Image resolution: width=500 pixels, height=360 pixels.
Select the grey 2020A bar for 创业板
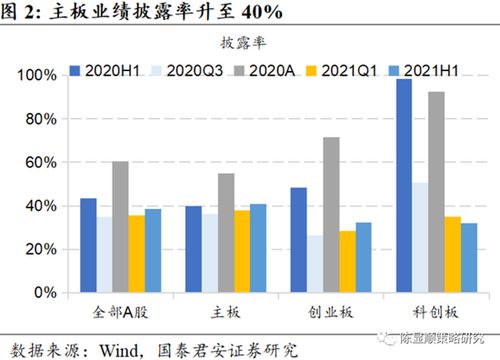pos(332,215)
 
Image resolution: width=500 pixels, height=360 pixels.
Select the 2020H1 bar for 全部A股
pos(89,246)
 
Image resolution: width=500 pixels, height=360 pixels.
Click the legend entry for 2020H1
pos(100,70)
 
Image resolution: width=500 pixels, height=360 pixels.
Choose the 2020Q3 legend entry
pos(185,70)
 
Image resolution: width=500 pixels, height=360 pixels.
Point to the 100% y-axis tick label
pos(36,76)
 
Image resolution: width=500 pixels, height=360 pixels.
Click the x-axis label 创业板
pos(315,314)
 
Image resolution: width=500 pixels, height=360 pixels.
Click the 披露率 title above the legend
pos(249,44)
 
